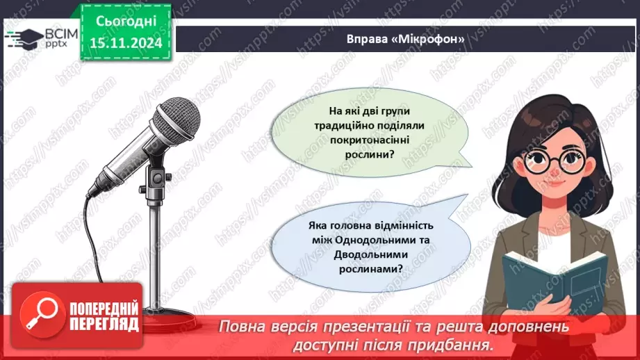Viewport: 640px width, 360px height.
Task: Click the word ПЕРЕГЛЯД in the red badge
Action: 104,324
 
